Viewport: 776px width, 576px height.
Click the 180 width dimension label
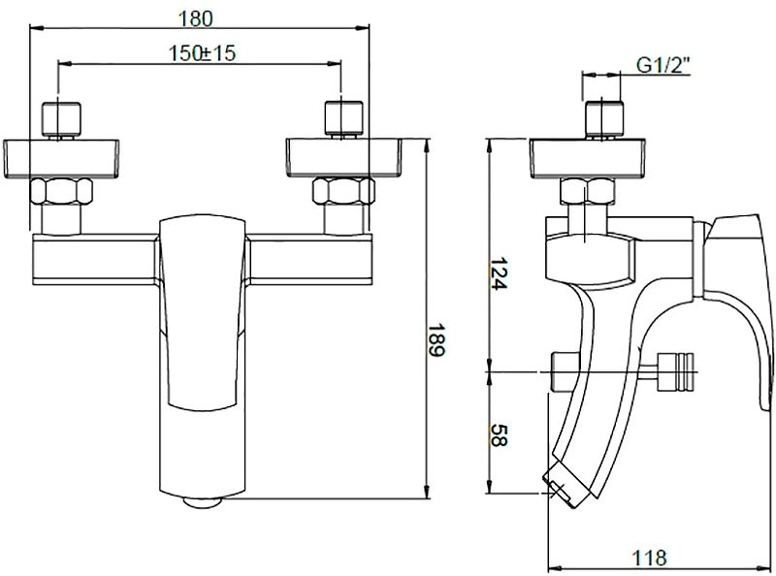click(x=195, y=18)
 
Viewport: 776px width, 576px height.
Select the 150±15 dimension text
click(x=202, y=53)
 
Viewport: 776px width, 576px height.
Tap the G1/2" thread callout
click(x=663, y=65)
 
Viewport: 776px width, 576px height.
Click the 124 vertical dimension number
click(x=499, y=273)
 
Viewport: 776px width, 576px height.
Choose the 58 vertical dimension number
click(x=499, y=436)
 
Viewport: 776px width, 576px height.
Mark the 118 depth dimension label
click(x=649, y=558)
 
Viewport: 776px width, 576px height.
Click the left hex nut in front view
click(x=61, y=191)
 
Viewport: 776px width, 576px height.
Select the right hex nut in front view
click(x=343, y=191)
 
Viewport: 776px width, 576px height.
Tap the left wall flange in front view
click(x=61, y=158)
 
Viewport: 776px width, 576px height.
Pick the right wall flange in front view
click(x=343, y=158)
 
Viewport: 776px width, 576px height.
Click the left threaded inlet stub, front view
click(x=61, y=119)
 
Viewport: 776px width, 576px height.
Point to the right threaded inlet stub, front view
click(x=343, y=119)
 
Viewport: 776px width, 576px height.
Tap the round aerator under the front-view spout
click(x=202, y=501)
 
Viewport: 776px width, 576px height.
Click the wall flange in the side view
click(x=588, y=158)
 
